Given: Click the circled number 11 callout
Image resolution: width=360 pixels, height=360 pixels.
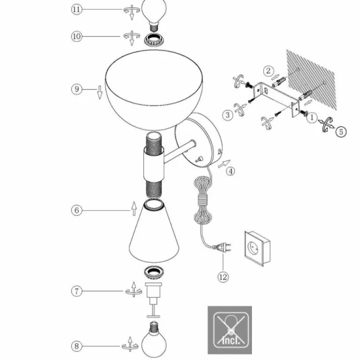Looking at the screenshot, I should tap(77, 9).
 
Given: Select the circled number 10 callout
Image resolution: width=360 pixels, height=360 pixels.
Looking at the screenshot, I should tap(77, 36).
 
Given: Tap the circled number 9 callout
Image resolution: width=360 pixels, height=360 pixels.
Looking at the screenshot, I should tap(77, 89).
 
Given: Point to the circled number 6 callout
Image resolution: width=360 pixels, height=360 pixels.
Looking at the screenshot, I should tap(77, 210).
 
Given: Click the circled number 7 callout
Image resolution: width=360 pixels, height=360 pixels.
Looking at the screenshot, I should tap(77, 291).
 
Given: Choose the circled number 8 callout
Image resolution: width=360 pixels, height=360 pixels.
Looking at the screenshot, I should tap(77, 346).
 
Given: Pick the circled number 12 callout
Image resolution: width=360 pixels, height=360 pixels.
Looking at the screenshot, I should tap(223, 277).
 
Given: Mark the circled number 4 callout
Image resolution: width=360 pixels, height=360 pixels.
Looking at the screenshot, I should tap(230, 171).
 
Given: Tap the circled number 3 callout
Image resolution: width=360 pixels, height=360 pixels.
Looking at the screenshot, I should tap(228, 115).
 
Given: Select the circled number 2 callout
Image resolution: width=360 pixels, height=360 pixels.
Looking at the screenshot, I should tap(269, 70).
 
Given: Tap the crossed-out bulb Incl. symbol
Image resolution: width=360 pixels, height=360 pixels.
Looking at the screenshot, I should tap(229, 330).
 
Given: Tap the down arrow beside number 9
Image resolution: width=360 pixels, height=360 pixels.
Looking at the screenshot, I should tap(99, 93).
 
